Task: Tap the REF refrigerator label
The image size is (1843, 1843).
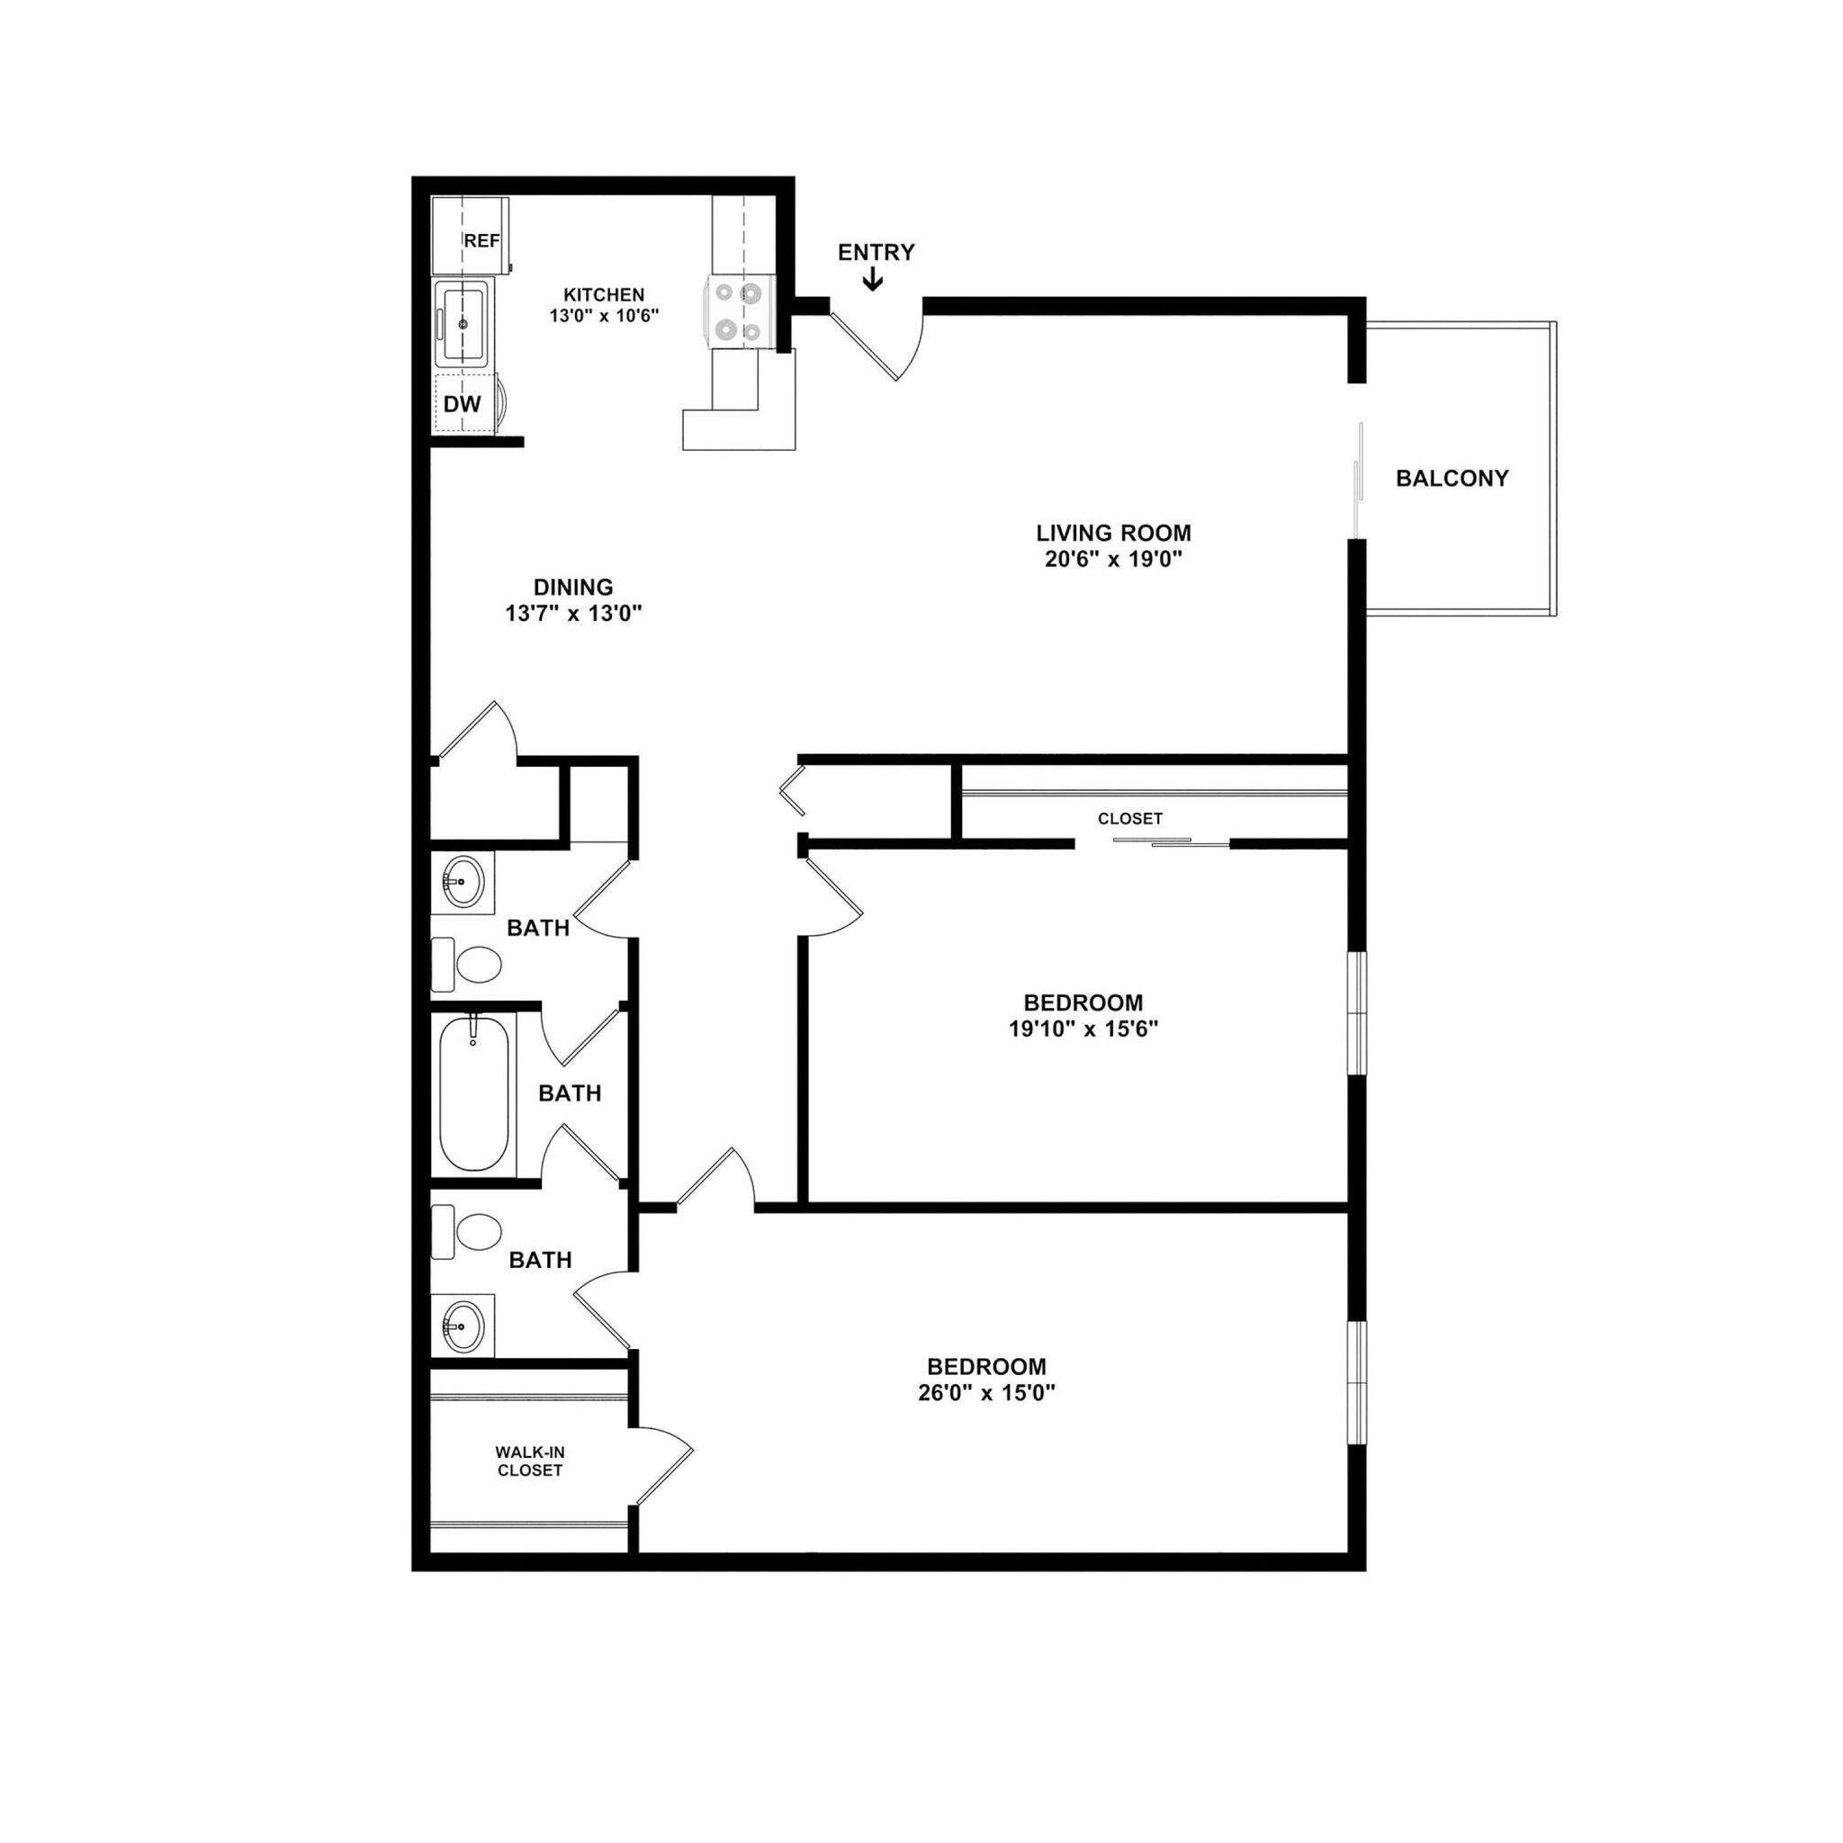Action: tap(481, 241)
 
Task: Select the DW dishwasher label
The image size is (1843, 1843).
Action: tap(463, 404)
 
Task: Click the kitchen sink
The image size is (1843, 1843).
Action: tap(463, 324)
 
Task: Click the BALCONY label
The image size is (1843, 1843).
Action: tap(1452, 479)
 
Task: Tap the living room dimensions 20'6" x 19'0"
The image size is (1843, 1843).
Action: tap(1113, 560)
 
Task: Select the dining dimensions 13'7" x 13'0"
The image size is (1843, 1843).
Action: tap(573, 615)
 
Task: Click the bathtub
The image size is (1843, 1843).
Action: tap(473, 1093)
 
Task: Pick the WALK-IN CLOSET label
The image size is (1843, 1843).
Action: tap(530, 1461)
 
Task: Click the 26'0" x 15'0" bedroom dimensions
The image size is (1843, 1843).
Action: tap(986, 1394)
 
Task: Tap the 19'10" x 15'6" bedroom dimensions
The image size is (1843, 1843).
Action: tap(1083, 1029)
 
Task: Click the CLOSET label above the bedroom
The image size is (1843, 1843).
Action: tap(1129, 819)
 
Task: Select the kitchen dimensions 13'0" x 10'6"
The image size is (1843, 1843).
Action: tap(604, 316)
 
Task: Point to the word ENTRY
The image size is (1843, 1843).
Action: tap(876, 253)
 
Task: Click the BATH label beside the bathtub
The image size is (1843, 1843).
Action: tap(570, 1093)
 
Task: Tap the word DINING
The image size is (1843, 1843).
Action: tap(573, 588)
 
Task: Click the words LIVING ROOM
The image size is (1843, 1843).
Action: tap(1113, 534)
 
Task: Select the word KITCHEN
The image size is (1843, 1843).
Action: tap(604, 296)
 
